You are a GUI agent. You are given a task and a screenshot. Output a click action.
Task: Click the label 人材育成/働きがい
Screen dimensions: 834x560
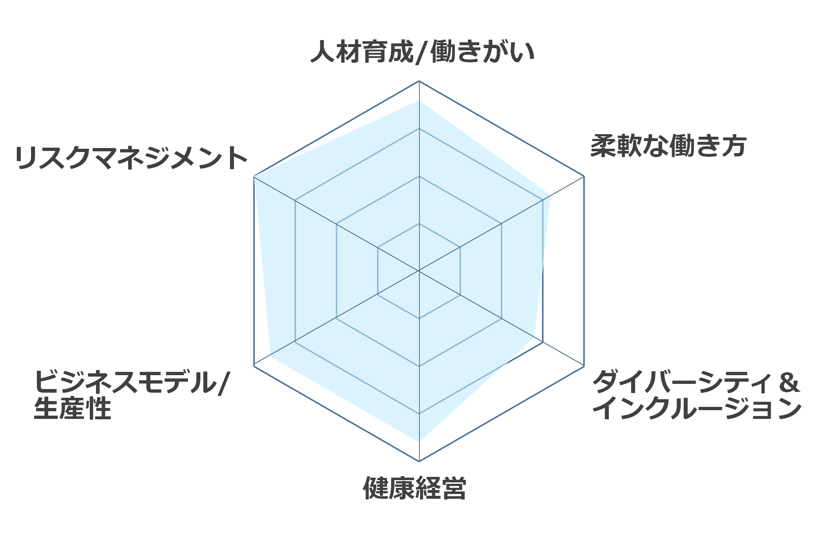422,52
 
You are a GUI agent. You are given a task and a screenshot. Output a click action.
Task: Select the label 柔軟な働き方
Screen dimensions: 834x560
668,146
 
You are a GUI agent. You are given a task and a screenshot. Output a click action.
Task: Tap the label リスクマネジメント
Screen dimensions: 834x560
131,158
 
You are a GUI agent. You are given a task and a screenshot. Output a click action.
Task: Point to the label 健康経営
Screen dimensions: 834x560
415,488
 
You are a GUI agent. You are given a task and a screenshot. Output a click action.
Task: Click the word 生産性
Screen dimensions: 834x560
72,408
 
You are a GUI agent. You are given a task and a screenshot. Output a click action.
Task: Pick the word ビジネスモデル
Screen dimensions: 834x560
125,382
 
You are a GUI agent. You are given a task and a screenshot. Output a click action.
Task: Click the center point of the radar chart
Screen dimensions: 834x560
419,271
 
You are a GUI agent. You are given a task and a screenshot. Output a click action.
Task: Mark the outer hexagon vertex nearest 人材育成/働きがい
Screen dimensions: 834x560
419,81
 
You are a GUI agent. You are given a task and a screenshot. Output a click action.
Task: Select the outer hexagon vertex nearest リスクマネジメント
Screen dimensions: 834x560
254,176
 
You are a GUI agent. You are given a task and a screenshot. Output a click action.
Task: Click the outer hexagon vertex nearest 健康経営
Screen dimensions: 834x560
419,461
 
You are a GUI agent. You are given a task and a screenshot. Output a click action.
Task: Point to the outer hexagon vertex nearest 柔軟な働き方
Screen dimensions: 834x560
584,176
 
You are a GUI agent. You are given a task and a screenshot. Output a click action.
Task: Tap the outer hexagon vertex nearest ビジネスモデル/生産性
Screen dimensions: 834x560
254,366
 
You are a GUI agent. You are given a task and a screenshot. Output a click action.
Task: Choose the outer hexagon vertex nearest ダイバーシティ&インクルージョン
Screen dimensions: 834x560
584,366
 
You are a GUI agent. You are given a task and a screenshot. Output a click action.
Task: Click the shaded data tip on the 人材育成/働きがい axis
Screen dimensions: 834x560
419,101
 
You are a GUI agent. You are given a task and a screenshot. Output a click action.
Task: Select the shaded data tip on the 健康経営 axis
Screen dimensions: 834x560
419,442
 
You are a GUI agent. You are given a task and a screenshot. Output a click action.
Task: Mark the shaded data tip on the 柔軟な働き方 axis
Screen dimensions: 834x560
550,195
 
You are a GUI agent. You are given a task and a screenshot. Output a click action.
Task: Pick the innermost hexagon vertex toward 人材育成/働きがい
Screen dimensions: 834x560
419,223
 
